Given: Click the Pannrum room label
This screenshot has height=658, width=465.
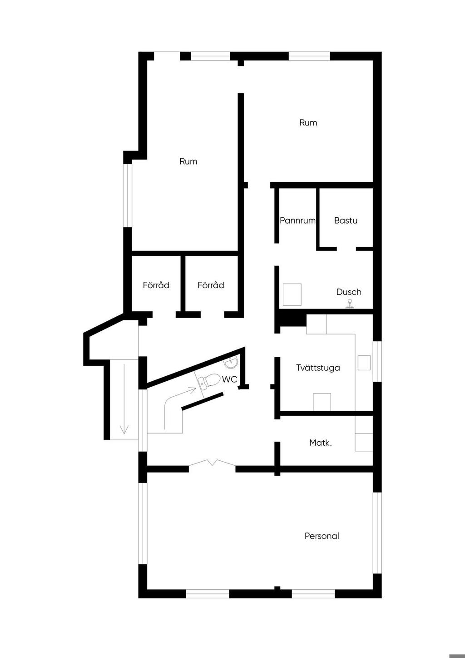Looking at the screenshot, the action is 297,220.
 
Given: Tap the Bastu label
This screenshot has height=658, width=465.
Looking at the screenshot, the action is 346,220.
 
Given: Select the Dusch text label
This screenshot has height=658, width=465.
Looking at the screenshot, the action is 348,292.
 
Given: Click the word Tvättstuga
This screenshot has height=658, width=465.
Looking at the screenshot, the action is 318,368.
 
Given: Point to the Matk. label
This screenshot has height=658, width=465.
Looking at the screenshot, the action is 321,443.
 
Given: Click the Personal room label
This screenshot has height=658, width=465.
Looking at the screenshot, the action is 322,536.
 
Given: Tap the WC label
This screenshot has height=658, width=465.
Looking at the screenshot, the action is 229,379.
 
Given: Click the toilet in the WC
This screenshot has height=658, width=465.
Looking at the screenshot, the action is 209,381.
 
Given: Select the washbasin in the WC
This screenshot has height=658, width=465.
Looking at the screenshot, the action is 231,363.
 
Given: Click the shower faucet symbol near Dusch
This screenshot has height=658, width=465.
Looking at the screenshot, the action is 350,304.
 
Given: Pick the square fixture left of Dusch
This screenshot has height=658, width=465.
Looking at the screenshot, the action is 292,294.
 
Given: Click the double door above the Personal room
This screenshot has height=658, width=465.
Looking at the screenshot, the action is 212,462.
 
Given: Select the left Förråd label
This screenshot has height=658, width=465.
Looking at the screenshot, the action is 156,285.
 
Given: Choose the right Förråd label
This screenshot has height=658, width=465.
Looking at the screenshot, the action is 211,285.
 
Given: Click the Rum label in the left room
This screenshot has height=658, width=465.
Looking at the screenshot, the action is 188,161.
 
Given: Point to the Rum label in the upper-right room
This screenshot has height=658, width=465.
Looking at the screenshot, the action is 308,123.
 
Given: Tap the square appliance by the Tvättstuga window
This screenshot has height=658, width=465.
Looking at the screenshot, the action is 364,363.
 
